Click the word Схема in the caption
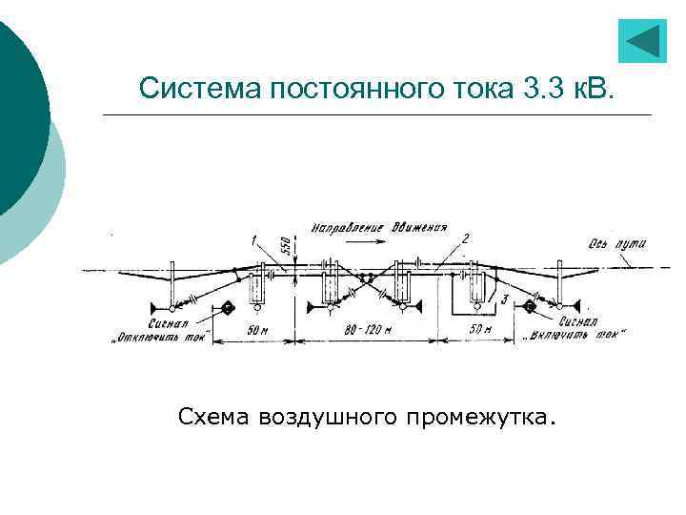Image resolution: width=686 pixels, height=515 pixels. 212,417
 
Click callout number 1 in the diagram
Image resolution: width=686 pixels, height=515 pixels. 253,237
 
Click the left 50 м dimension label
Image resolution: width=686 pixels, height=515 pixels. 258,329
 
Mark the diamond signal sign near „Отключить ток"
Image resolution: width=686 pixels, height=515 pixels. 228,307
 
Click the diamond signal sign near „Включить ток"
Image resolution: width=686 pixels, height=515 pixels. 530,307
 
